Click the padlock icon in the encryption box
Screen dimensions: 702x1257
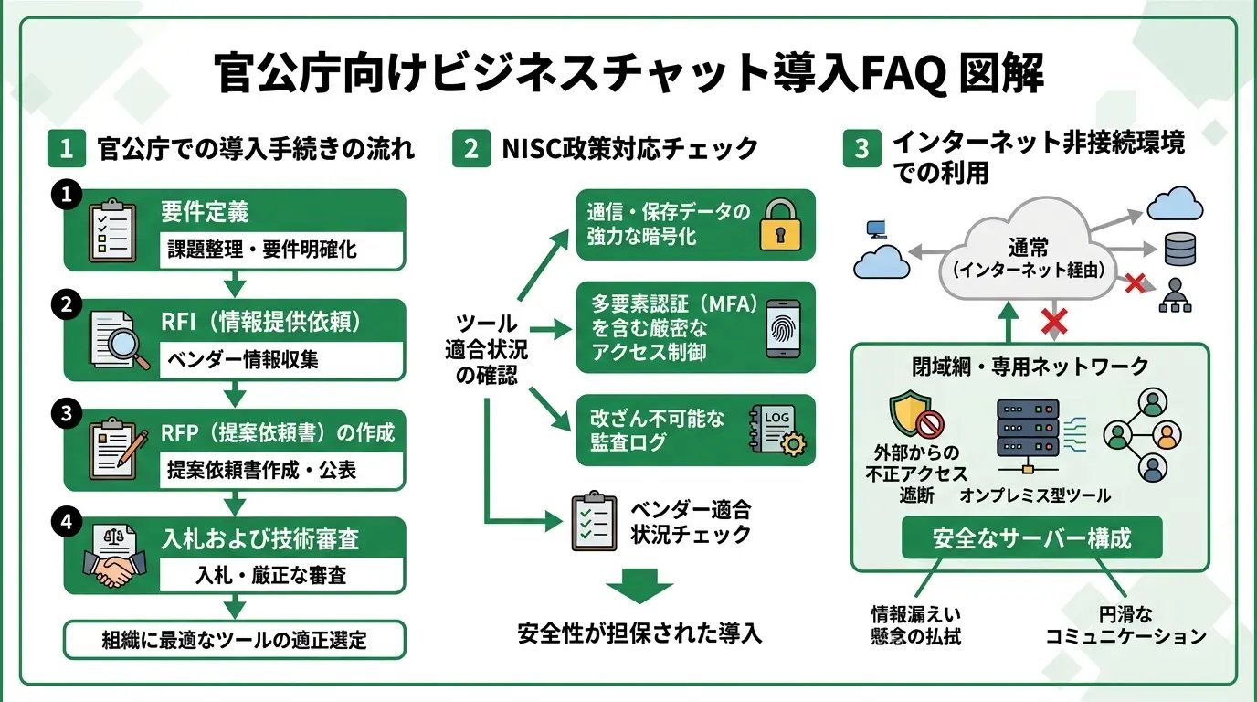(779, 226)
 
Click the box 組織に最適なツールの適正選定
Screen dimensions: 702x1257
(234, 640)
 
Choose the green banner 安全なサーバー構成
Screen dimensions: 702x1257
(1031, 537)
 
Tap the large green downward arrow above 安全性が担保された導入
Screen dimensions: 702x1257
(639, 585)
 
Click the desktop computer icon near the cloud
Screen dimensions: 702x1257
(874, 228)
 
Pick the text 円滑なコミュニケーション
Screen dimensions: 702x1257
(1125, 626)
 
